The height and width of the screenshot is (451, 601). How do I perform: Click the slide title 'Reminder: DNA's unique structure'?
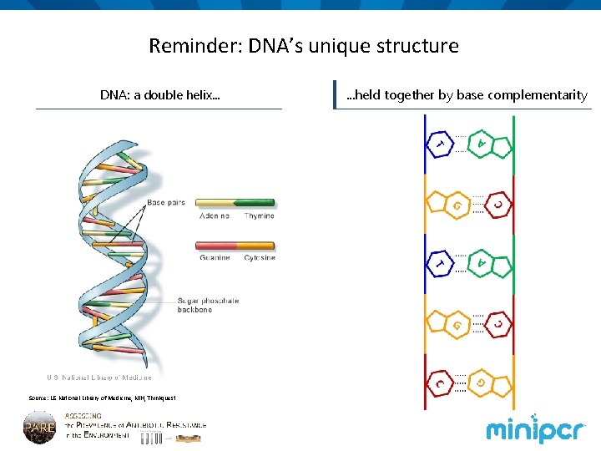[303, 45]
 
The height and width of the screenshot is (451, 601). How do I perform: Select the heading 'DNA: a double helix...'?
[160, 94]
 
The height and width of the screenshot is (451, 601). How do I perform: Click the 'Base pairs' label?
[166, 202]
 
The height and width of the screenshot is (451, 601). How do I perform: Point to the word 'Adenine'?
[215, 216]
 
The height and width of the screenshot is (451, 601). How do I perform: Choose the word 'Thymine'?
[259, 216]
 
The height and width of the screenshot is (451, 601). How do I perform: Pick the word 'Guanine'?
[215, 258]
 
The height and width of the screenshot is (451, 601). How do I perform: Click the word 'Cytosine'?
[259, 258]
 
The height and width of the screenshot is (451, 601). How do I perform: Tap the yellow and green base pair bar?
[235, 203]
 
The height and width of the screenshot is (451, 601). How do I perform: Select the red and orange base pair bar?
[235, 246]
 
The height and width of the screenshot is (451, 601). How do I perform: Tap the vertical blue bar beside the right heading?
[334, 94]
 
